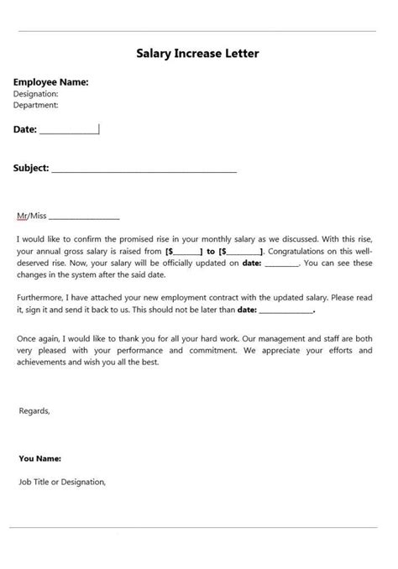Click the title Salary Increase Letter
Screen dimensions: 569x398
[x=197, y=54]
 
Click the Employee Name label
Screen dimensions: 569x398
[x=50, y=82]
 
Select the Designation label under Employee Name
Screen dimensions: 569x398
[x=36, y=94]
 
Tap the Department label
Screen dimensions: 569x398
[x=36, y=105]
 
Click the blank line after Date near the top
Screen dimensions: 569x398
[x=69, y=130]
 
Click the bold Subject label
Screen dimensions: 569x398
[x=30, y=168]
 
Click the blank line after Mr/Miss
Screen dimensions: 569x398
[x=86, y=217]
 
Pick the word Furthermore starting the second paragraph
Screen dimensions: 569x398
[x=39, y=297]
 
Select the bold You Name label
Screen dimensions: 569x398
[x=39, y=459]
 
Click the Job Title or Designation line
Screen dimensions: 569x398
[x=61, y=482]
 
